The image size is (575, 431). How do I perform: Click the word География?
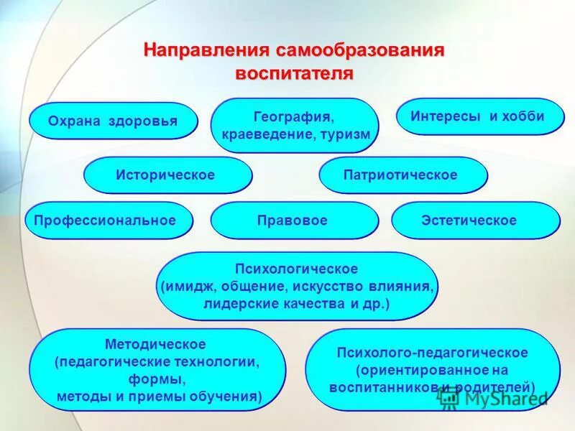294,116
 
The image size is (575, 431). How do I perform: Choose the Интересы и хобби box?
477,116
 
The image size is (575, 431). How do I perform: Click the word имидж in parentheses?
183,287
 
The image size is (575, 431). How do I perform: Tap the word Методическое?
155,345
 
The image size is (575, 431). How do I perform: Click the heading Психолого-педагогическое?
433,353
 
